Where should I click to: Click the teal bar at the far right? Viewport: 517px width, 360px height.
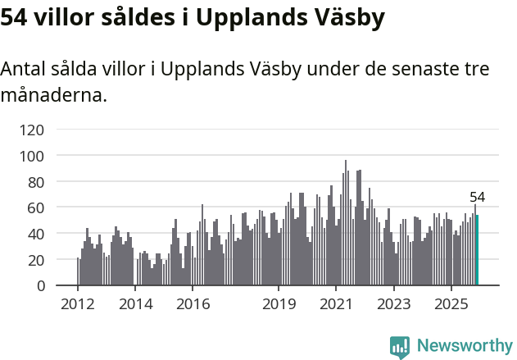pyautogui.click(x=477, y=250)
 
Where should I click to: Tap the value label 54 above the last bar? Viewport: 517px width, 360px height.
pyautogui.click(x=477, y=197)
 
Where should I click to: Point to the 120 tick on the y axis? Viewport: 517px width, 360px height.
pyautogui.click(x=34, y=130)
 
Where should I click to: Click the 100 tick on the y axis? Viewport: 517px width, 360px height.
pyautogui.click(x=34, y=156)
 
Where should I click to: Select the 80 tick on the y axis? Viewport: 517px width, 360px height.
pyautogui.click(x=37, y=181)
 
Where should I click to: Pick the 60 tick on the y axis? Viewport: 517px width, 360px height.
pyautogui.click(x=37, y=207)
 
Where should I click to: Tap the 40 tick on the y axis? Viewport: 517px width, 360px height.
pyautogui.click(x=37, y=234)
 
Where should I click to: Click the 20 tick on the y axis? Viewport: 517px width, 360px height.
pyautogui.click(x=37, y=260)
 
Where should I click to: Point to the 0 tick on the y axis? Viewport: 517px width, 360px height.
pyautogui.click(x=40, y=286)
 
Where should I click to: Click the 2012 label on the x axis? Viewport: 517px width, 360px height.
pyautogui.click(x=78, y=305)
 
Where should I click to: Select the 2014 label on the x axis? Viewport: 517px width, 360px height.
pyautogui.click(x=135, y=305)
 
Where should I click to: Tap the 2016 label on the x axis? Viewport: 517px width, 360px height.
pyautogui.click(x=193, y=305)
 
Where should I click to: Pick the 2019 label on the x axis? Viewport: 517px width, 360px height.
pyautogui.click(x=279, y=305)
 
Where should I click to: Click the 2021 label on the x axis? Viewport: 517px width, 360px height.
pyautogui.click(x=336, y=305)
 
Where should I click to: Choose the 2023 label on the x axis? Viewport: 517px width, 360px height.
pyautogui.click(x=393, y=305)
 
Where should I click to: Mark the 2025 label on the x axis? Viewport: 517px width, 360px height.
pyautogui.click(x=451, y=305)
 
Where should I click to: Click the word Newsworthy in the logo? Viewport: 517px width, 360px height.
pyautogui.click(x=465, y=345)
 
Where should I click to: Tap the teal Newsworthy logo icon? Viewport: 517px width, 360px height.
pyautogui.click(x=400, y=346)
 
